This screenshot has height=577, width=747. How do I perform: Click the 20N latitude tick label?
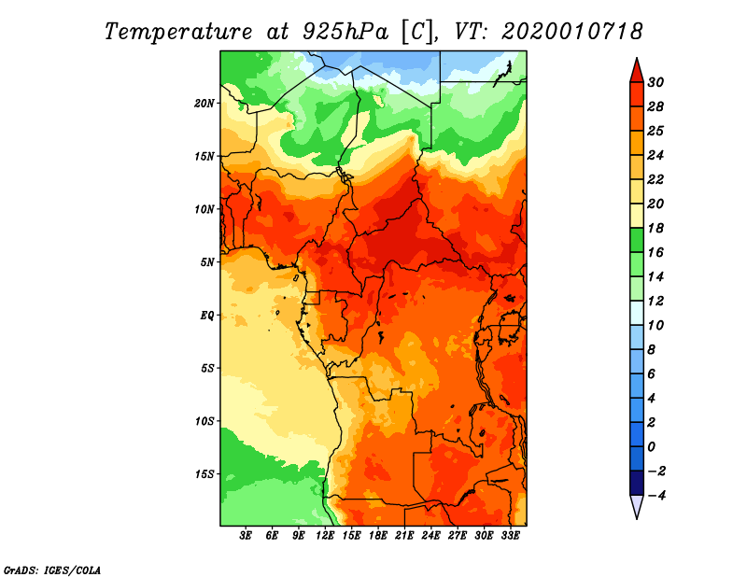[205, 103]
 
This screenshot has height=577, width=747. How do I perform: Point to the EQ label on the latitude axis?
[206, 315]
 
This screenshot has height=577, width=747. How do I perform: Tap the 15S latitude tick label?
[205, 473]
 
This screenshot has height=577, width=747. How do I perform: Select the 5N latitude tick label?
[208, 262]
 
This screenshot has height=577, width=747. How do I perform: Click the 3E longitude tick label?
[247, 536]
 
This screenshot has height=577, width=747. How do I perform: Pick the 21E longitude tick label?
[404, 536]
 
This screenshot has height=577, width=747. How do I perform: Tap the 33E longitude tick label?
[510, 536]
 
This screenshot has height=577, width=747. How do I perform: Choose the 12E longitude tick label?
[325, 536]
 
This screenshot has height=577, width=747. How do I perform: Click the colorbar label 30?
[668, 82]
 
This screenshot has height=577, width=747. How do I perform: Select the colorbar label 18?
[668, 228]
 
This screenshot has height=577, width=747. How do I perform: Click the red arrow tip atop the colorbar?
[636, 67]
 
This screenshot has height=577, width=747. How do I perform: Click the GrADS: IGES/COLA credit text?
[51, 569]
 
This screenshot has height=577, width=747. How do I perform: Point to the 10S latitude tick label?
[205, 421]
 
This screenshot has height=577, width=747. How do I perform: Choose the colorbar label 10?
[668, 325]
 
